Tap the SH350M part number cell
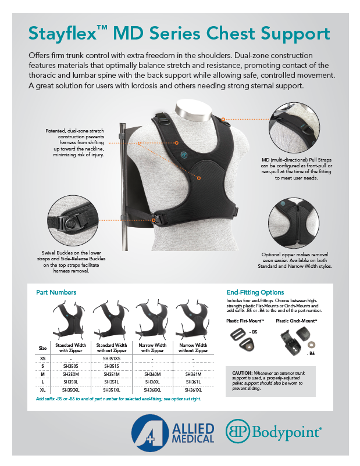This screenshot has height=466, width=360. click(x=70, y=373)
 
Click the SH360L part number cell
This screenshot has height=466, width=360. click(x=152, y=381)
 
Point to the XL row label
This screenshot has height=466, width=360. click(x=42, y=389)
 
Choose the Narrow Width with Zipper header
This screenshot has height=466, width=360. click(x=152, y=347)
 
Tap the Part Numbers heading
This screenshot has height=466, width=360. click(x=56, y=292)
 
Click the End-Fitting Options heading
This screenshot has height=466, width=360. click(x=255, y=292)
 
